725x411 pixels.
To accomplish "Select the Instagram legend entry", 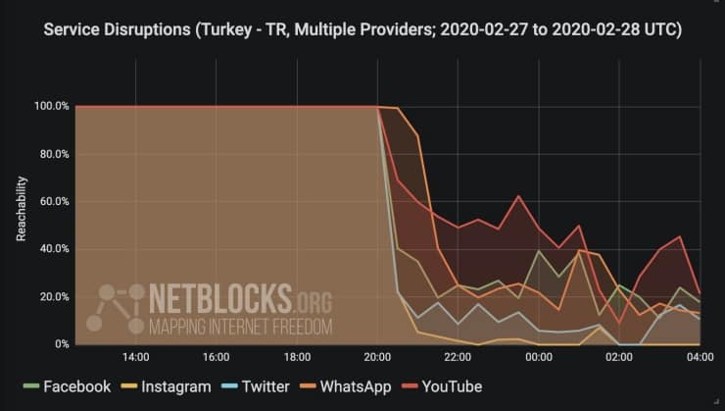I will click(167, 386).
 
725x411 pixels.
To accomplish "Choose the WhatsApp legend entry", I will click(352, 386).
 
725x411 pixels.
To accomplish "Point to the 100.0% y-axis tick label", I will click(51, 106).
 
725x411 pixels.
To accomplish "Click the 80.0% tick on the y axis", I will click(53, 154).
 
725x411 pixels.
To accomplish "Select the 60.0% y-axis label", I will click(53, 201).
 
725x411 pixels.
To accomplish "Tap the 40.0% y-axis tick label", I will click(53, 249).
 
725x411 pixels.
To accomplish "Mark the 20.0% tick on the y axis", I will click(53, 297).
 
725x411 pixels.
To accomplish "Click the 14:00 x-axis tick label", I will click(135, 358).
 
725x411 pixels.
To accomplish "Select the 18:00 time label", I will click(297, 358).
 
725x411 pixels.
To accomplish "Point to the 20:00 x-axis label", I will click(377, 358).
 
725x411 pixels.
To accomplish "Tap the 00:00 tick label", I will click(539, 358).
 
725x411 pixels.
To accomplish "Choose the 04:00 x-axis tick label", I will click(700, 358).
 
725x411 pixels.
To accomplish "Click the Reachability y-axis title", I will click(22, 209).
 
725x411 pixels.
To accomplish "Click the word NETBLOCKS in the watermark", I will click(220, 297).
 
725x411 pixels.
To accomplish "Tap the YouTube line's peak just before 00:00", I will click(518, 196).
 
